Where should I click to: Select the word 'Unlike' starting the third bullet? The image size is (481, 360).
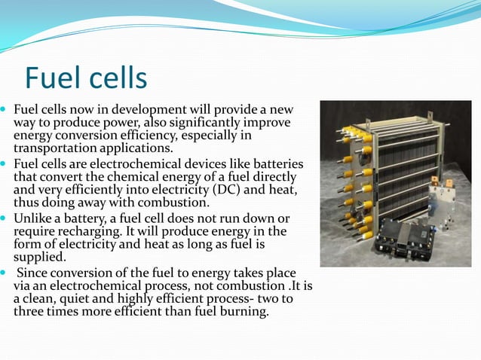click(x=32, y=218)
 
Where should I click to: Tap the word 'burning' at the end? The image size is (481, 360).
click(x=243, y=312)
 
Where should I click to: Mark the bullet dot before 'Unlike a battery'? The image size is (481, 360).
click(x=5, y=218)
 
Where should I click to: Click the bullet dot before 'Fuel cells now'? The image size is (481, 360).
click(x=5, y=110)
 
